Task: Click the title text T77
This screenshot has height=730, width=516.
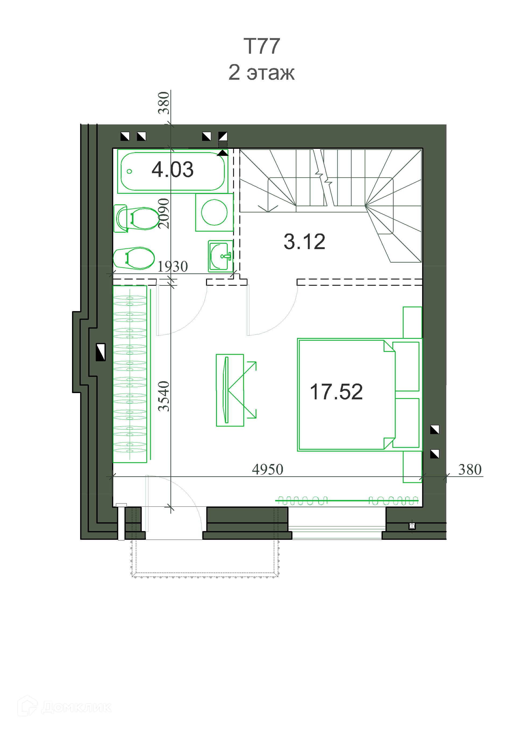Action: [261, 46]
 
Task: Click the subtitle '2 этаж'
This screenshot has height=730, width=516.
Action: [261, 73]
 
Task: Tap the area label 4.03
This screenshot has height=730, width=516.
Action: [173, 169]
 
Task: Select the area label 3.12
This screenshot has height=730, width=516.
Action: [304, 242]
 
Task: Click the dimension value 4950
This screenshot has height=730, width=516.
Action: [268, 469]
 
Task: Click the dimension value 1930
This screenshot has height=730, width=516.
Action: [173, 267]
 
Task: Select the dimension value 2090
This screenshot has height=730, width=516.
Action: [164, 213]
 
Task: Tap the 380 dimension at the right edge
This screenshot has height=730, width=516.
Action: [470, 470]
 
